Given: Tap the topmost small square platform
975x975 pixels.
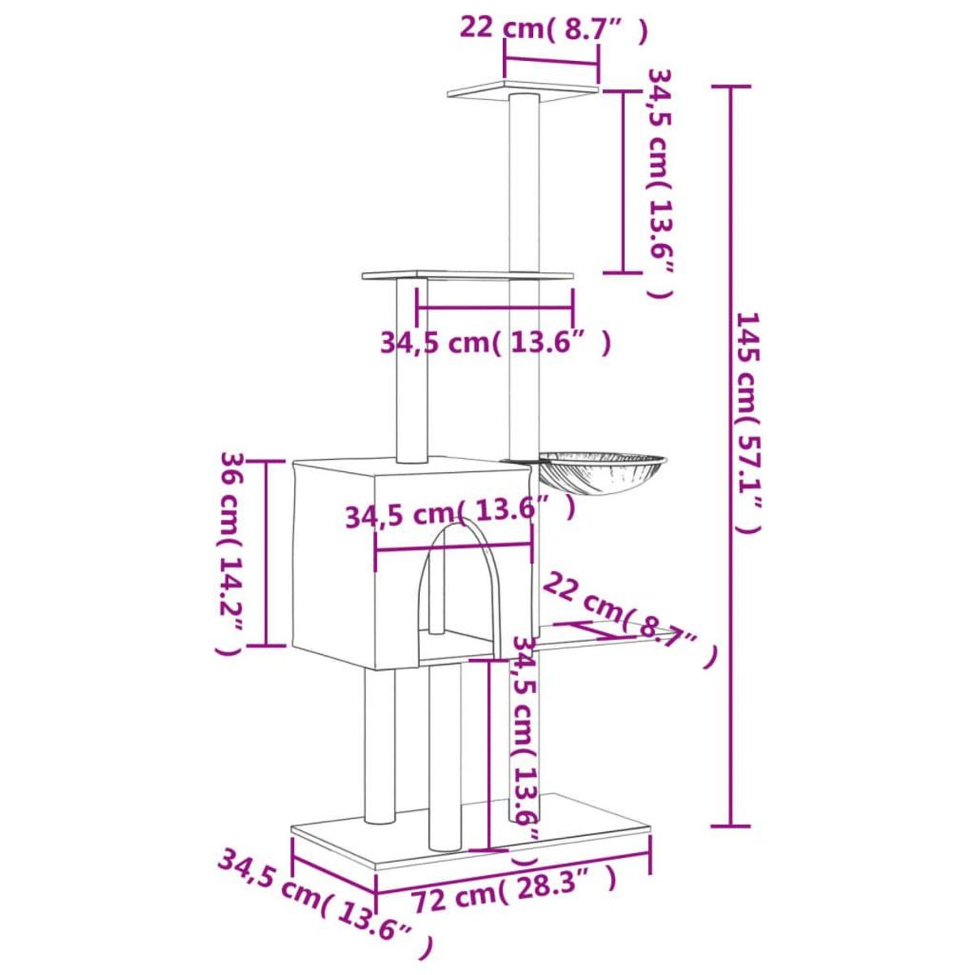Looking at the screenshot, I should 523,89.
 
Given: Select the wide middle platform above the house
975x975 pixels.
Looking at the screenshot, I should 468,275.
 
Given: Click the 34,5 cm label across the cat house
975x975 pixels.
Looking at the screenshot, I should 460,513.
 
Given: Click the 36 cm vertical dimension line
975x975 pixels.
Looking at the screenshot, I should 267,552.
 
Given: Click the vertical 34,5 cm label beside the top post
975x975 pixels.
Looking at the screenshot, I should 659,183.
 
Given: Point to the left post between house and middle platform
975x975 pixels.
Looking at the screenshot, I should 410,370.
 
